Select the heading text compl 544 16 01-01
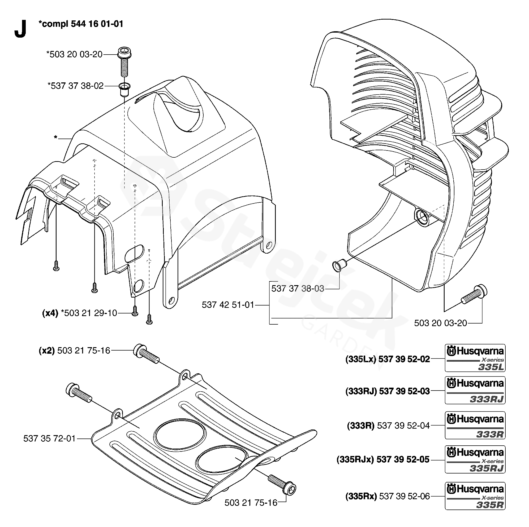click(81, 24)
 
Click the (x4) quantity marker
click(50, 313)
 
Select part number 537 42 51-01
click(228, 305)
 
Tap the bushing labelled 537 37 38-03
click(339, 265)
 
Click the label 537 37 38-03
click(298, 288)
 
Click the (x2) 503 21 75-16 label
click(75, 351)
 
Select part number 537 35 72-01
click(49, 439)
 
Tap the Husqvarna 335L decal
click(475, 358)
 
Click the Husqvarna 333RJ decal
click(475, 390)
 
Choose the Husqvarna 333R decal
click(475, 425)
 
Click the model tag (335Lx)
click(361, 359)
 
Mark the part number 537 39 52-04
click(403, 426)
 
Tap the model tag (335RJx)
click(355, 459)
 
